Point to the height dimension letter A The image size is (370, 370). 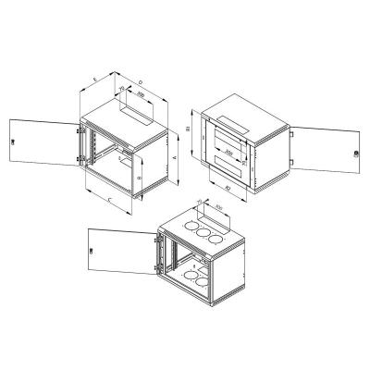(x=173, y=158)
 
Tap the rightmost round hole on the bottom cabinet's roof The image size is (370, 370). (x=216, y=241)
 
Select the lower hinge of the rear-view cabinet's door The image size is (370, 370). (x=291, y=167)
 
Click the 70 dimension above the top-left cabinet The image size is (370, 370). (x=123, y=90)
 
